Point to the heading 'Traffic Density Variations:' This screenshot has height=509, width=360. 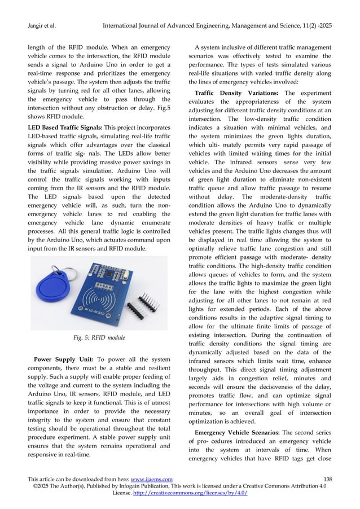click(229, 91)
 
